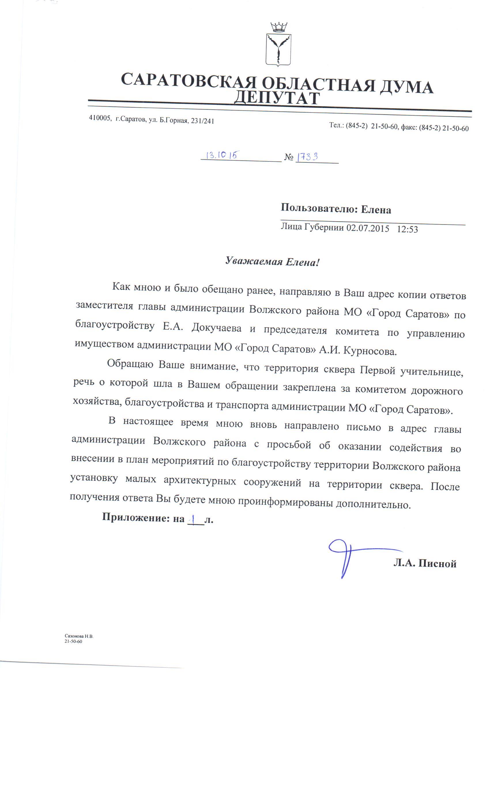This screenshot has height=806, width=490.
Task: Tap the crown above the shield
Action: (278, 27)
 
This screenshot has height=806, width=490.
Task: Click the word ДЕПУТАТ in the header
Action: (277, 98)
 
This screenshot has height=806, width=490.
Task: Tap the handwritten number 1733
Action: (307, 157)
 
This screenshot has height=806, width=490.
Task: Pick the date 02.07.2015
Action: (367, 228)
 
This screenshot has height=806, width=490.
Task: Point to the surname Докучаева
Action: (216, 328)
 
